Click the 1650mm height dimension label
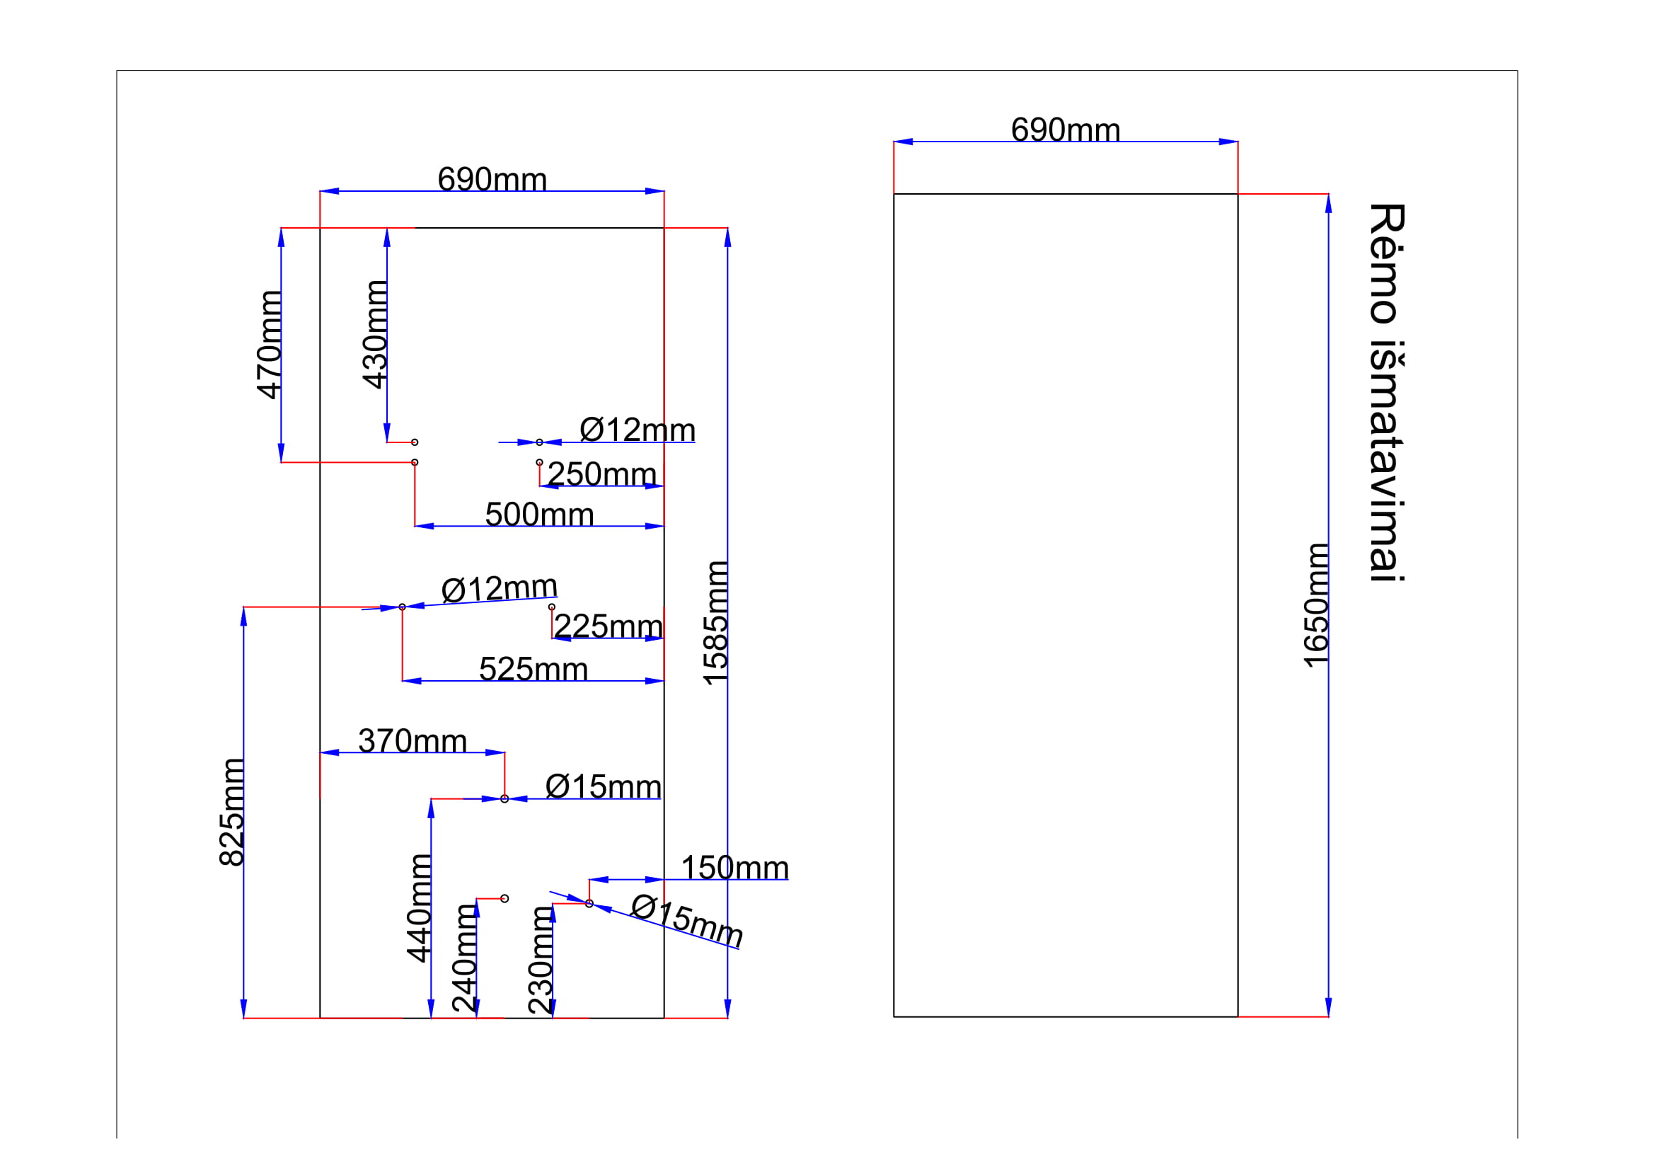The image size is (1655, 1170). [x=1315, y=606]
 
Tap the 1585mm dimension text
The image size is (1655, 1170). [x=715, y=623]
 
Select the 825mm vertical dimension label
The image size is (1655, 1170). [x=231, y=812]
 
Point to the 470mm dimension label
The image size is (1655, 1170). [x=270, y=345]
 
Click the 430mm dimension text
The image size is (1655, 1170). [x=375, y=335]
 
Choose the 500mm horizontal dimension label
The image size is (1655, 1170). [x=539, y=515]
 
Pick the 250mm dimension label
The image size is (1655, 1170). [x=602, y=474]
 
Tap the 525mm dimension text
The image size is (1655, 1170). [x=534, y=669]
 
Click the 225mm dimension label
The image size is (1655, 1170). [x=608, y=626]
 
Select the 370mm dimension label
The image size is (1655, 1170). [x=413, y=741]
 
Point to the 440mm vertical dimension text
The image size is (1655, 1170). [x=419, y=908]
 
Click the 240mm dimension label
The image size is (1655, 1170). [x=464, y=959]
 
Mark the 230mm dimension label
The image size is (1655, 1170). [x=541, y=961]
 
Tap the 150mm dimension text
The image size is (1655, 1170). [x=734, y=868]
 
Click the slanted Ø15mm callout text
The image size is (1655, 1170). [x=687, y=921]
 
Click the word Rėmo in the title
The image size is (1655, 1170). [x=1386, y=263]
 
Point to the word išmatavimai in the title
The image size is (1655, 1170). [x=1386, y=461]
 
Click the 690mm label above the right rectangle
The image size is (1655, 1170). [x=1066, y=130]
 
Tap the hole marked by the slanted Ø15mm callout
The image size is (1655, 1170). [x=589, y=903]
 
